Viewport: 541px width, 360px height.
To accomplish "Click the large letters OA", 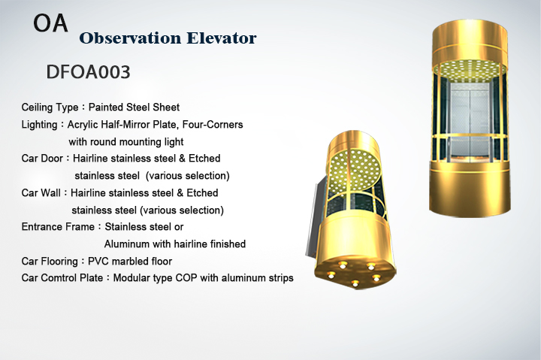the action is tap(50, 23).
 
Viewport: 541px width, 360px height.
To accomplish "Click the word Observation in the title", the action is tap(130, 38).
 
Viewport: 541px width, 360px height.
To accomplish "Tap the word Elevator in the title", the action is tap(222, 38).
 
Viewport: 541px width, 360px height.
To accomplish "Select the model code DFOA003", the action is tap(89, 72).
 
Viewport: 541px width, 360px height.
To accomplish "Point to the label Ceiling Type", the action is tap(50, 107).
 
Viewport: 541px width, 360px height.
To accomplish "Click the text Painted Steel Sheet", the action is tap(134, 107).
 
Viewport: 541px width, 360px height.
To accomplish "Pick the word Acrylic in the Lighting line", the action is tap(83, 125).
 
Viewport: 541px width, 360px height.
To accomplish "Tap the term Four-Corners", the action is tap(213, 124).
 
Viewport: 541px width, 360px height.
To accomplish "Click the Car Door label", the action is tap(42, 159).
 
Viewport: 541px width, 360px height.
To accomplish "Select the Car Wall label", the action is tap(41, 192).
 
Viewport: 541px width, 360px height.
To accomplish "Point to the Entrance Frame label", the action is tap(58, 227).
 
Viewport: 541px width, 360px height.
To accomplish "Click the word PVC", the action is tap(98, 262).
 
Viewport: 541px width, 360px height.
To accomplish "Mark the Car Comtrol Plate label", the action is tap(62, 278).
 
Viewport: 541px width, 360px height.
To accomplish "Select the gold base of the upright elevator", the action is tap(470, 188).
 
